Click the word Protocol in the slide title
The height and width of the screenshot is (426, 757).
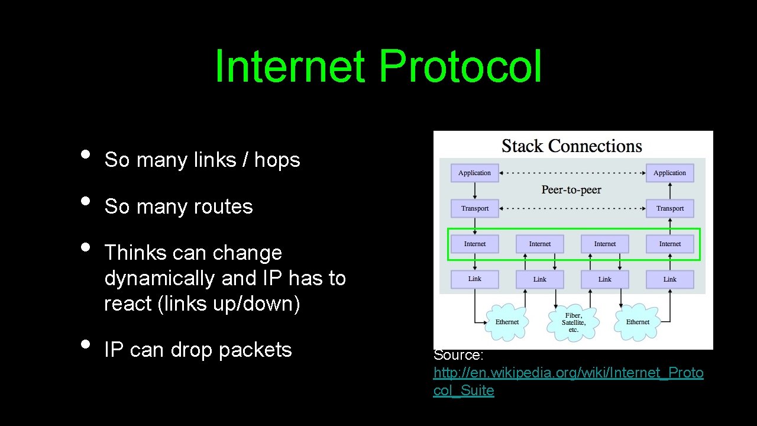tap(460, 67)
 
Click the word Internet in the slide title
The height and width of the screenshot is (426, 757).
tap(289, 67)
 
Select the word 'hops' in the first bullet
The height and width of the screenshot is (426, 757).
tap(277, 160)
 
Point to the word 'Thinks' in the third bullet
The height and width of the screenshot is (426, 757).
tap(134, 253)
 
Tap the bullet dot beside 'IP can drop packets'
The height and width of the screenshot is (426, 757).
tap(86, 344)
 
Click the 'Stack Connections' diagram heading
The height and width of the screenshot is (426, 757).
tap(571, 146)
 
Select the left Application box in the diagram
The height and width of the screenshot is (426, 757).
tap(474, 173)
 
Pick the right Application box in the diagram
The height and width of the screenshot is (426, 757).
tap(669, 173)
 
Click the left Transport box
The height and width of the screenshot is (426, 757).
tap(474, 208)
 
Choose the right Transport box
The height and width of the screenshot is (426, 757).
tap(669, 208)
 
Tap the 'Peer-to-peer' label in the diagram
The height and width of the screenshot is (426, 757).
tap(571, 190)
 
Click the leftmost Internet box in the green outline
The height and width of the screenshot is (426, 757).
tap(474, 244)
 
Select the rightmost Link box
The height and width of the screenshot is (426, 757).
tap(669, 279)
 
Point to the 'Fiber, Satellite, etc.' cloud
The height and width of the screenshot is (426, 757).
tap(573, 322)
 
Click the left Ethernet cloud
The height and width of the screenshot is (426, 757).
tap(507, 322)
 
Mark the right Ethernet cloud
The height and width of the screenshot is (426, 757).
tap(638, 322)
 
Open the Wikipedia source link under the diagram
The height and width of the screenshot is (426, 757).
tap(568, 373)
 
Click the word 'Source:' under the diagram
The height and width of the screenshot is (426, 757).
tap(458, 355)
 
